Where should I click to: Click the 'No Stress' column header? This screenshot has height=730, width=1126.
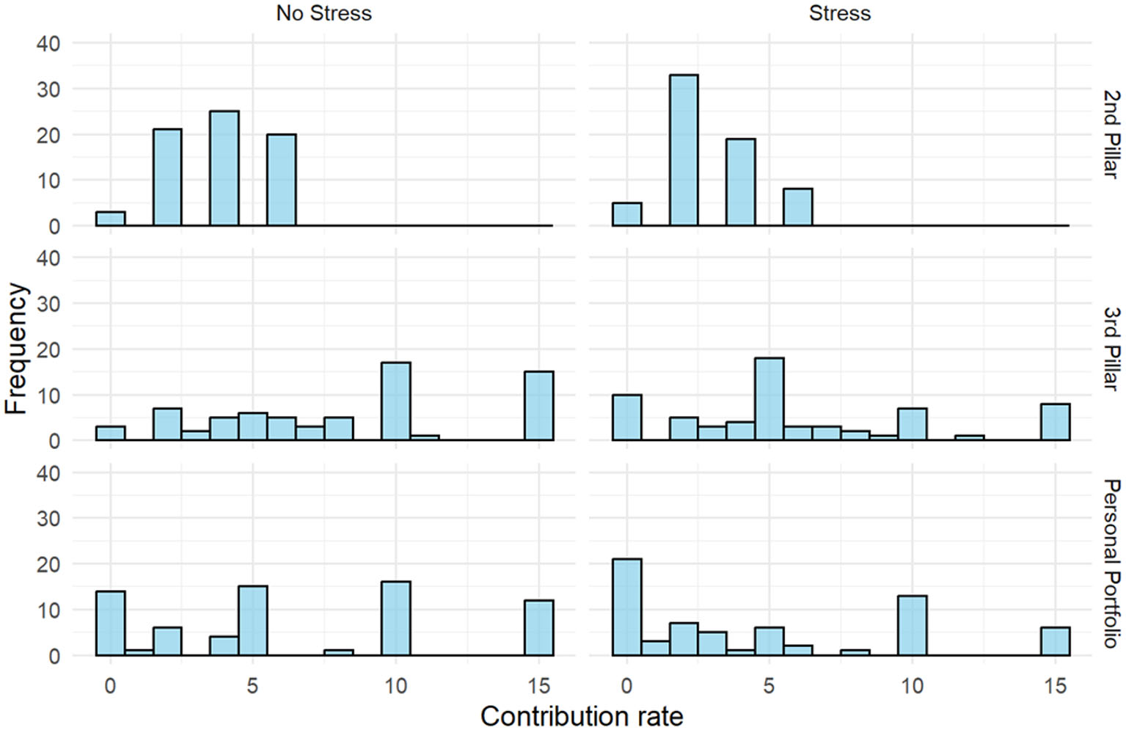tap(323, 13)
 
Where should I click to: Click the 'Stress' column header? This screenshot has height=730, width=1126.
tap(839, 13)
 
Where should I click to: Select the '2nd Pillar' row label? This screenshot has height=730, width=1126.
tap(1111, 134)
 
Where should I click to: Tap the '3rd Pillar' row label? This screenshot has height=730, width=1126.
tap(1111, 348)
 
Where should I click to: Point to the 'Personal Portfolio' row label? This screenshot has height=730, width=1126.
tap(1111, 563)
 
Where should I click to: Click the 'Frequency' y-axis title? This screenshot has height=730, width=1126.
tap(15, 348)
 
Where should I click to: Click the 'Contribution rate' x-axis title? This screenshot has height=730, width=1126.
tap(581, 715)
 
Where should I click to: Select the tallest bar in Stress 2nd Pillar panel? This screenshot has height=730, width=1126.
tap(684, 150)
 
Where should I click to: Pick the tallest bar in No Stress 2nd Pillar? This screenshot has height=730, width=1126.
tap(224, 169)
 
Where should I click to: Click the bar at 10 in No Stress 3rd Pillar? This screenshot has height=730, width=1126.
tap(395, 401)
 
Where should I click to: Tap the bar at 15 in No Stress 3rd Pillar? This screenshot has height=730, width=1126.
tap(538, 406)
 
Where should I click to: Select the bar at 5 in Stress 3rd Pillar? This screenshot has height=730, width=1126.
tap(769, 399)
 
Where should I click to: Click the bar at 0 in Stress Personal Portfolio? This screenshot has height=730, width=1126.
tap(626, 607)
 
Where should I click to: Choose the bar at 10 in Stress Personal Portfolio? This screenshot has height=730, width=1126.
tap(912, 625)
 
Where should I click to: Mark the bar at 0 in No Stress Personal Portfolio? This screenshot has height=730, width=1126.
tap(110, 623)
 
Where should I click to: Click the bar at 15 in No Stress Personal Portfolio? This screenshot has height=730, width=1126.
tap(538, 627)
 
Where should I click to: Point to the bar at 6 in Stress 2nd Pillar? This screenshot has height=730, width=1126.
tap(797, 207)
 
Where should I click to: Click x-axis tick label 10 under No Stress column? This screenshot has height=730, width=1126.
tap(395, 686)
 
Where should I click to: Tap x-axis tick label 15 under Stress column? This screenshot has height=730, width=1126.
tap(1055, 686)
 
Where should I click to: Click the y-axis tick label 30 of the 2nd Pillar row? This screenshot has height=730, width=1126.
tap(48, 90)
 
